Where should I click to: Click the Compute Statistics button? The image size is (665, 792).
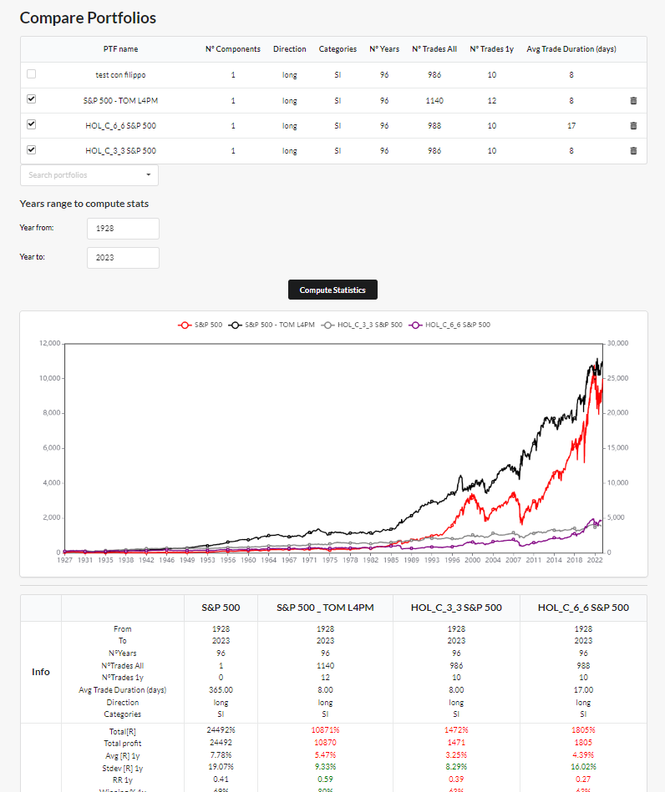coord(332,290)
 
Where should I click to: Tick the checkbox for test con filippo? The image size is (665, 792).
coord(32,74)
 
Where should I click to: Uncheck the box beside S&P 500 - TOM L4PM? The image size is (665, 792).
coord(32,99)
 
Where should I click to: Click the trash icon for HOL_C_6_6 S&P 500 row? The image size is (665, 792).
coord(632,126)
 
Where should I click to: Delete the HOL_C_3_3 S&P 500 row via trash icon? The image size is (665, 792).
coord(632,151)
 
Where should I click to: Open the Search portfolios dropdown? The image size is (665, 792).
coord(89,175)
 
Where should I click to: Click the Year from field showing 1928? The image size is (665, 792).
coord(123,229)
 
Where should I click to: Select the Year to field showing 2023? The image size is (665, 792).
coord(123,258)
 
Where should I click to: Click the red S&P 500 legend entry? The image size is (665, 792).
coord(201,325)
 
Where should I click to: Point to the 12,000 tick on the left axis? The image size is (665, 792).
coord(50,343)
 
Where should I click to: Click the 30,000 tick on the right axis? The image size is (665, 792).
coord(617,343)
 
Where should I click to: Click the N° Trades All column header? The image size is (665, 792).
coord(434,49)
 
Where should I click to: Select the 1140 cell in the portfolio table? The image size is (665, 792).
coord(434,101)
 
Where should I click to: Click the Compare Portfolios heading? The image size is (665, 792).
coord(88,18)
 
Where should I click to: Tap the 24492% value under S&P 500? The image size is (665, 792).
coord(221,730)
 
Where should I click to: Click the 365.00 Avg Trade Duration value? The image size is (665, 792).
coord(221,690)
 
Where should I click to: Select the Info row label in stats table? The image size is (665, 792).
coord(40,672)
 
